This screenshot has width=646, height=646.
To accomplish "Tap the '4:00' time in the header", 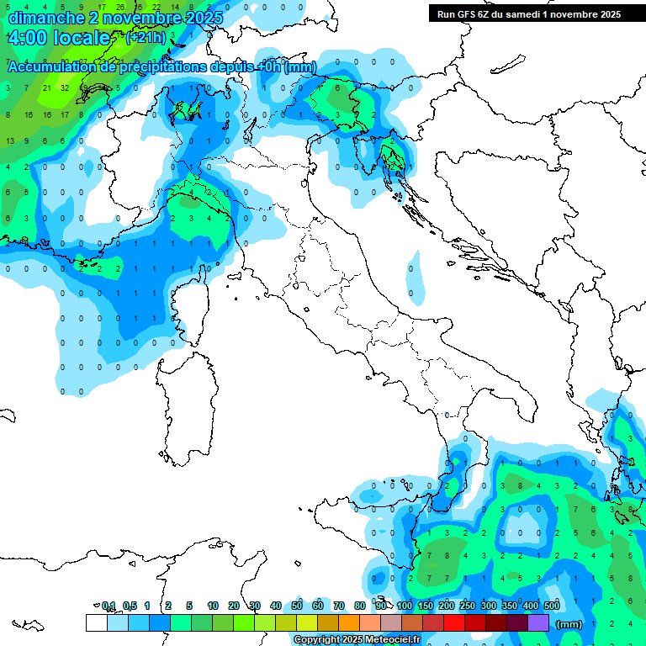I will [x=25, y=39].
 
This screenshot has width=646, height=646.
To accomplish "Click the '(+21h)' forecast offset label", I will [x=145, y=39].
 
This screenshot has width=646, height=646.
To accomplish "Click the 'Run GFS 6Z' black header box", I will [x=528, y=13].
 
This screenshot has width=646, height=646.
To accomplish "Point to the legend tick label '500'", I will [x=552, y=606].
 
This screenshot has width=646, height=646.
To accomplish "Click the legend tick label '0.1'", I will [x=108, y=606].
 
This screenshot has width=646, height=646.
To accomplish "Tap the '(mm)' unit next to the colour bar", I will [x=569, y=624].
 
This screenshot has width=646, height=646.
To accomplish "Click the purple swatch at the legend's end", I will [x=538, y=622].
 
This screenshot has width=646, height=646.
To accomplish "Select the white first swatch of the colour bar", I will [x=96, y=622].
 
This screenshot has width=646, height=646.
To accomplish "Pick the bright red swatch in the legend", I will [x=454, y=622].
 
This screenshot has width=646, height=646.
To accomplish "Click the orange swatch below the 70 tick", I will [x=349, y=622].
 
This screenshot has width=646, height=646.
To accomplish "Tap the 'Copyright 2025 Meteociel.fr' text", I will [x=357, y=640].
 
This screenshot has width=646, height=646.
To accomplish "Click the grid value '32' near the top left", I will [x=65, y=87].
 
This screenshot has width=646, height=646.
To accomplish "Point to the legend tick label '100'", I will [x=405, y=606].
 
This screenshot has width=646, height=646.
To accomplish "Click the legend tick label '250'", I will [x=468, y=606].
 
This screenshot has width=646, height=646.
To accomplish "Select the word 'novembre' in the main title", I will [x=134, y=18].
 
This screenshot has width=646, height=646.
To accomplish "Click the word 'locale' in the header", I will [x=81, y=39].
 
